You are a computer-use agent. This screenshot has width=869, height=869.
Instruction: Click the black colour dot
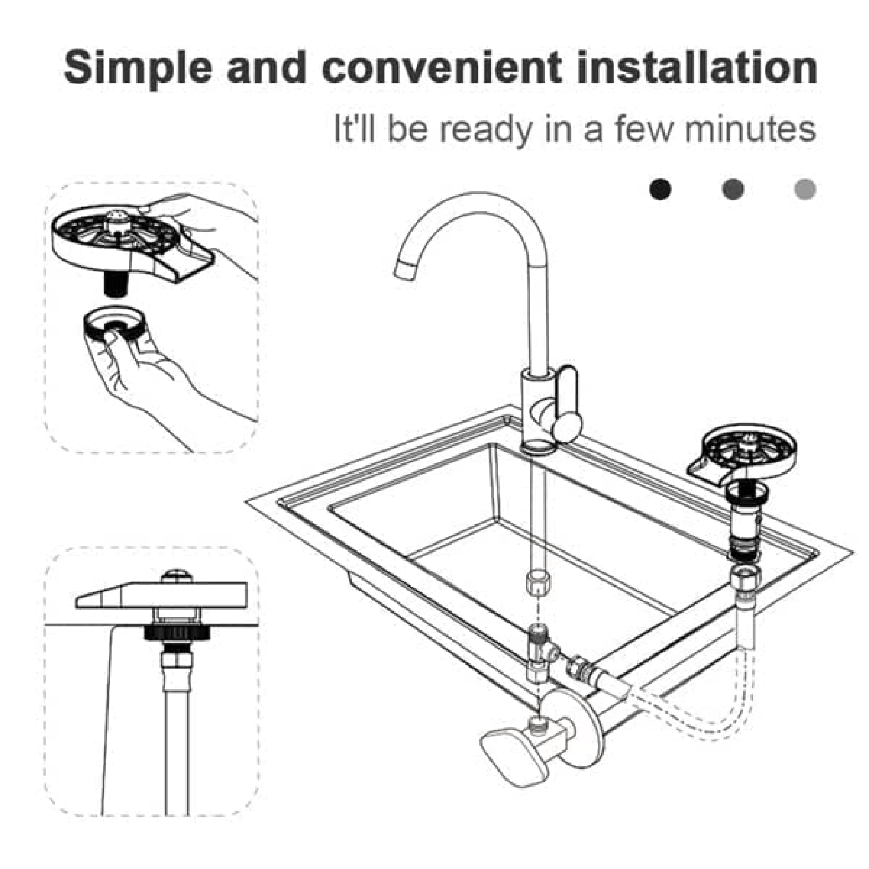coord(660,188)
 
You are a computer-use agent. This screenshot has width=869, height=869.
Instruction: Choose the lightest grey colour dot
coord(805,188)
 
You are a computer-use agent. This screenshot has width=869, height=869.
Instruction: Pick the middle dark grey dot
coord(733,188)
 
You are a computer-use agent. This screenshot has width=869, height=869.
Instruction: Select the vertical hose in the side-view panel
coord(177,741)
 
